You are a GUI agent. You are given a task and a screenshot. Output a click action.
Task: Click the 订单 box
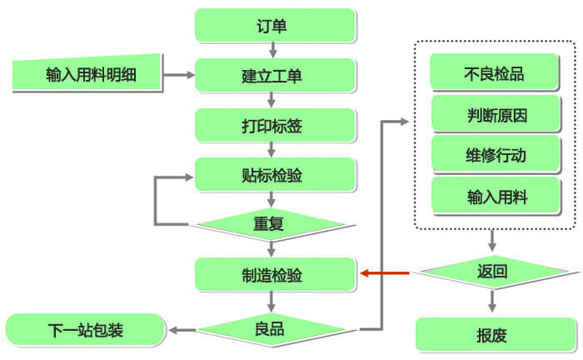click(x=275, y=26)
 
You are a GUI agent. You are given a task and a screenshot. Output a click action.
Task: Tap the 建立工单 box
click(x=275, y=76)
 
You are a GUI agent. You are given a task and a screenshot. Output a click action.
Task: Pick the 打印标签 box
click(x=275, y=126)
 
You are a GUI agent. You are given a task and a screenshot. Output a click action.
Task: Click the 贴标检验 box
click(x=275, y=174)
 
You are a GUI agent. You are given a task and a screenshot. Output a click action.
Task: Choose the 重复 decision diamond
click(x=270, y=224)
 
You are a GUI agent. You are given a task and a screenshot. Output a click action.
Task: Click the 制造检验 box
click(x=275, y=274)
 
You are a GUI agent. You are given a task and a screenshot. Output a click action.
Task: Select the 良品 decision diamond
click(x=270, y=330)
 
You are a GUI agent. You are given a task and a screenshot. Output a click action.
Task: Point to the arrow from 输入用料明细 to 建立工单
click(x=178, y=76)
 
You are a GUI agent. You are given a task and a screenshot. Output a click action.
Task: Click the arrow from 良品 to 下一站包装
click(x=183, y=330)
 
